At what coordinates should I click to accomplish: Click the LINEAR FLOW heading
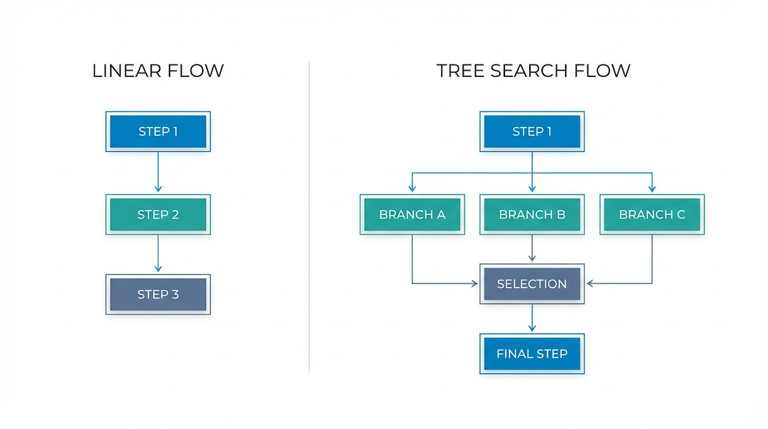click(x=158, y=70)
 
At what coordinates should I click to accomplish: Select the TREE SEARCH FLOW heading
click(x=533, y=70)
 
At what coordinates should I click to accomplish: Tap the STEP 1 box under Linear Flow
click(x=158, y=132)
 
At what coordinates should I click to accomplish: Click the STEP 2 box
click(x=158, y=214)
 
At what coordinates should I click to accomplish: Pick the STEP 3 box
click(x=158, y=295)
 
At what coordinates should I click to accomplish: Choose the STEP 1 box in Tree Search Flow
click(x=532, y=132)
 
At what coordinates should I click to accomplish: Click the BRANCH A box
click(x=412, y=214)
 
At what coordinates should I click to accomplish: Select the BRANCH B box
click(x=532, y=214)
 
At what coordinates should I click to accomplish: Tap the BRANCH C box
click(x=652, y=214)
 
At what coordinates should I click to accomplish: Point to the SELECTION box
click(x=532, y=284)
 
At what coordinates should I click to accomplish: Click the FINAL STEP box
click(x=532, y=353)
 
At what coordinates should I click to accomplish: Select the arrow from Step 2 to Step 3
click(x=158, y=254)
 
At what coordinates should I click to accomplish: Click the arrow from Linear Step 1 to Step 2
click(x=158, y=172)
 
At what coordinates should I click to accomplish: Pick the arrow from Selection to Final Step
click(x=532, y=318)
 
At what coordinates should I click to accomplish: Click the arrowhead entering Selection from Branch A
click(x=475, y=283)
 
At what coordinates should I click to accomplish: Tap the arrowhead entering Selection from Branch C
click(x=589, y=283)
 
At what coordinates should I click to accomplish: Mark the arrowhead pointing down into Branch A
click(x=412, y=189)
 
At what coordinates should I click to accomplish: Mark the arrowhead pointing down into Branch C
click(x=652, y=189)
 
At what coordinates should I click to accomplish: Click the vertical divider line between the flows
click(x=309, y=218)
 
